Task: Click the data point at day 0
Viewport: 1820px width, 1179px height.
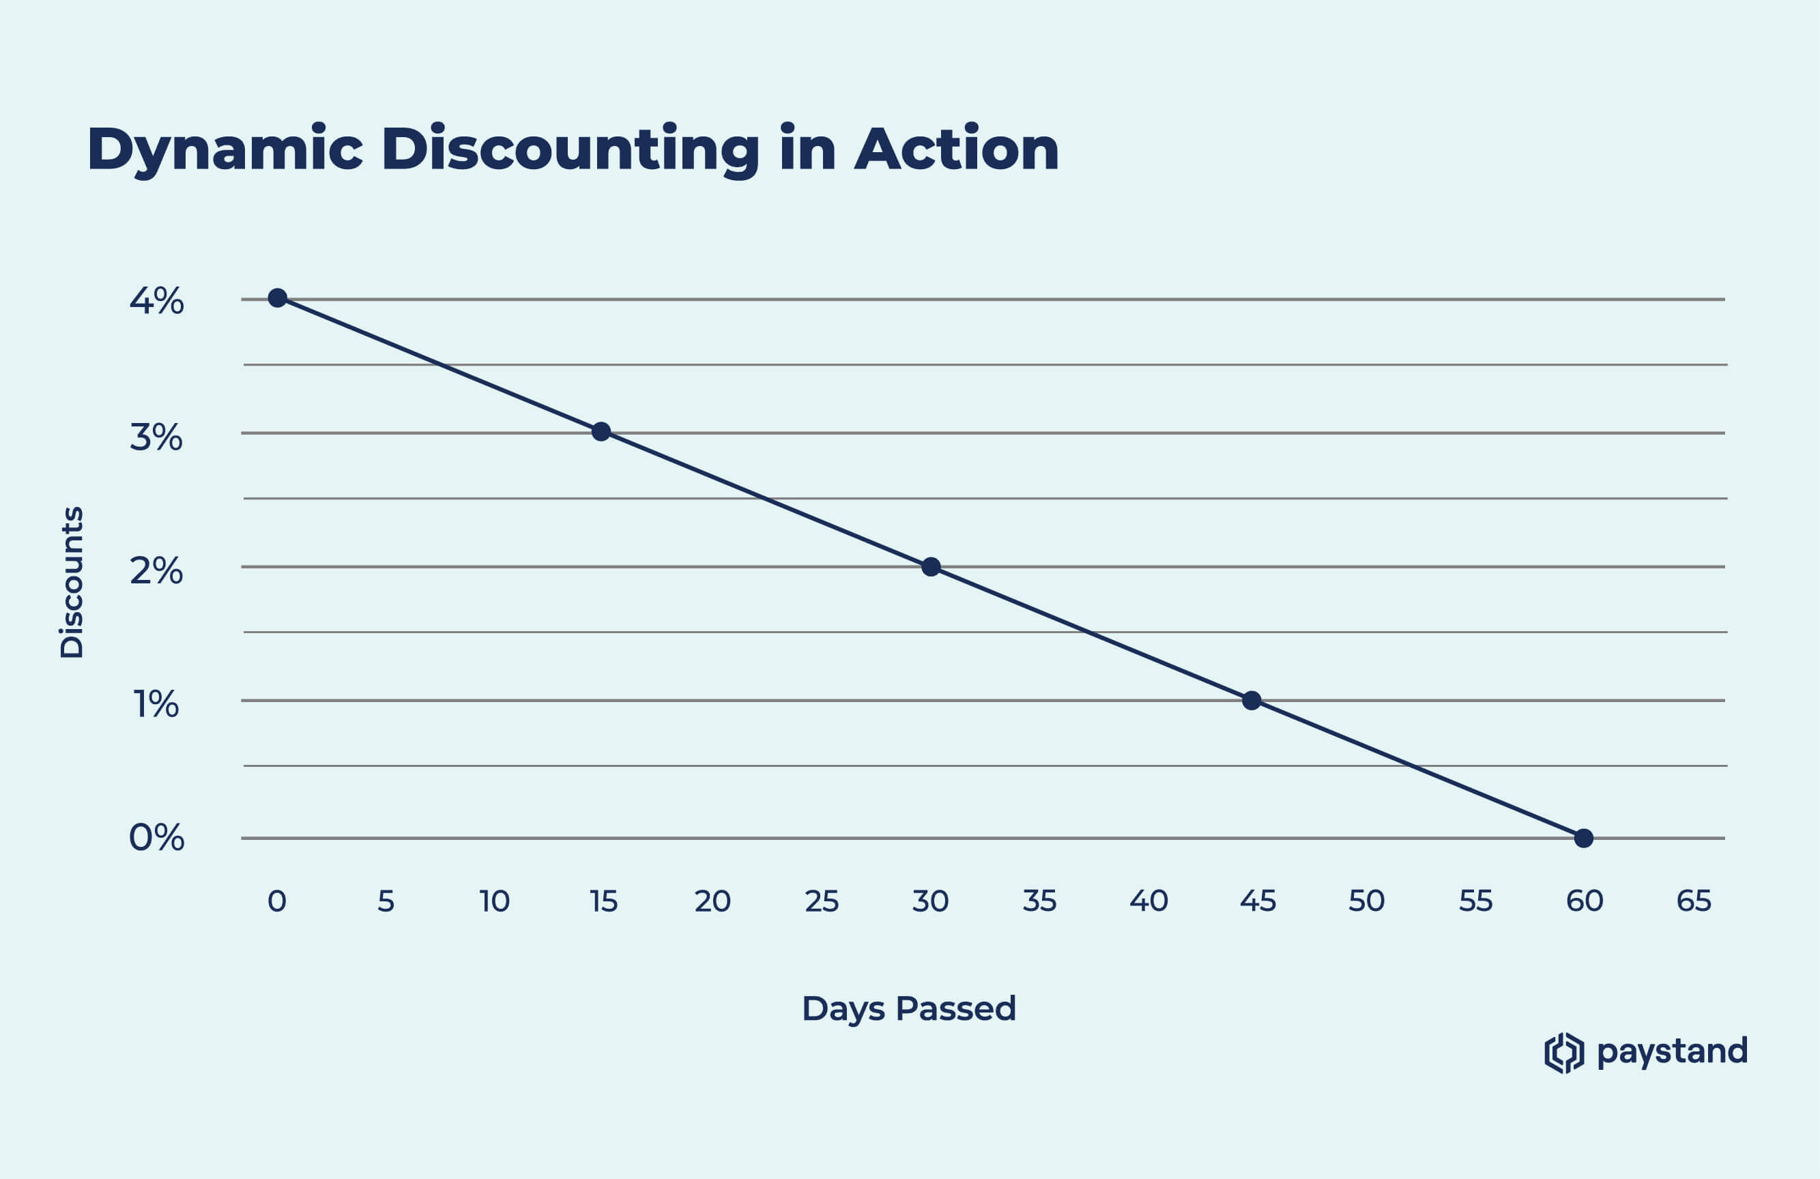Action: coord(278,297)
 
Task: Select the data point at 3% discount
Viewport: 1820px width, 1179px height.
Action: coord(601,432)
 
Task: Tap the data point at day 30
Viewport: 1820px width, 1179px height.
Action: coord(931,566)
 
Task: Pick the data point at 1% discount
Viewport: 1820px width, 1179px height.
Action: coord(1252,700)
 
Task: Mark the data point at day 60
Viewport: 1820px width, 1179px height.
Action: coord(1584,838)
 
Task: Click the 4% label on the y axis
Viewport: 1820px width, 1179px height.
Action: coord(157,302)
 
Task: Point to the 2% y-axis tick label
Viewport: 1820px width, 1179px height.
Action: coord(157,571)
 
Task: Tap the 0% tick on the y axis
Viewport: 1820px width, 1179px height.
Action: coord(157,838)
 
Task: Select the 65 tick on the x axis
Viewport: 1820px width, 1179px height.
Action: coord(1694,901)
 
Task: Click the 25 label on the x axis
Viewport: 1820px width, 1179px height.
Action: coord(822,901)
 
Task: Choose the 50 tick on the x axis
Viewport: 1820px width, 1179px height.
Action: coord(1366,901)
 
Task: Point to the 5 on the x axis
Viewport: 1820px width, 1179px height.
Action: coord(386,901)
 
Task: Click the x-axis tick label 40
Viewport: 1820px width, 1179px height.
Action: coord(1149,901)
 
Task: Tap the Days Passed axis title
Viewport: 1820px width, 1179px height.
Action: coord(908,1009)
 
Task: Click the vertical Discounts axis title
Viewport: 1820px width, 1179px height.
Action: coord(72,582)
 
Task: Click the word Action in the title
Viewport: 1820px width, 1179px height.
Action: coord(957,149)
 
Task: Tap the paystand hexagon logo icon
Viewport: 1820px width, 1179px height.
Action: coord(1564,1053)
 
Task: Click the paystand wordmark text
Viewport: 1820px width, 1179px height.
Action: coord(1673,1052)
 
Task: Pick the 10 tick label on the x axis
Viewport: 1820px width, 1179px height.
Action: coord(495,901)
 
